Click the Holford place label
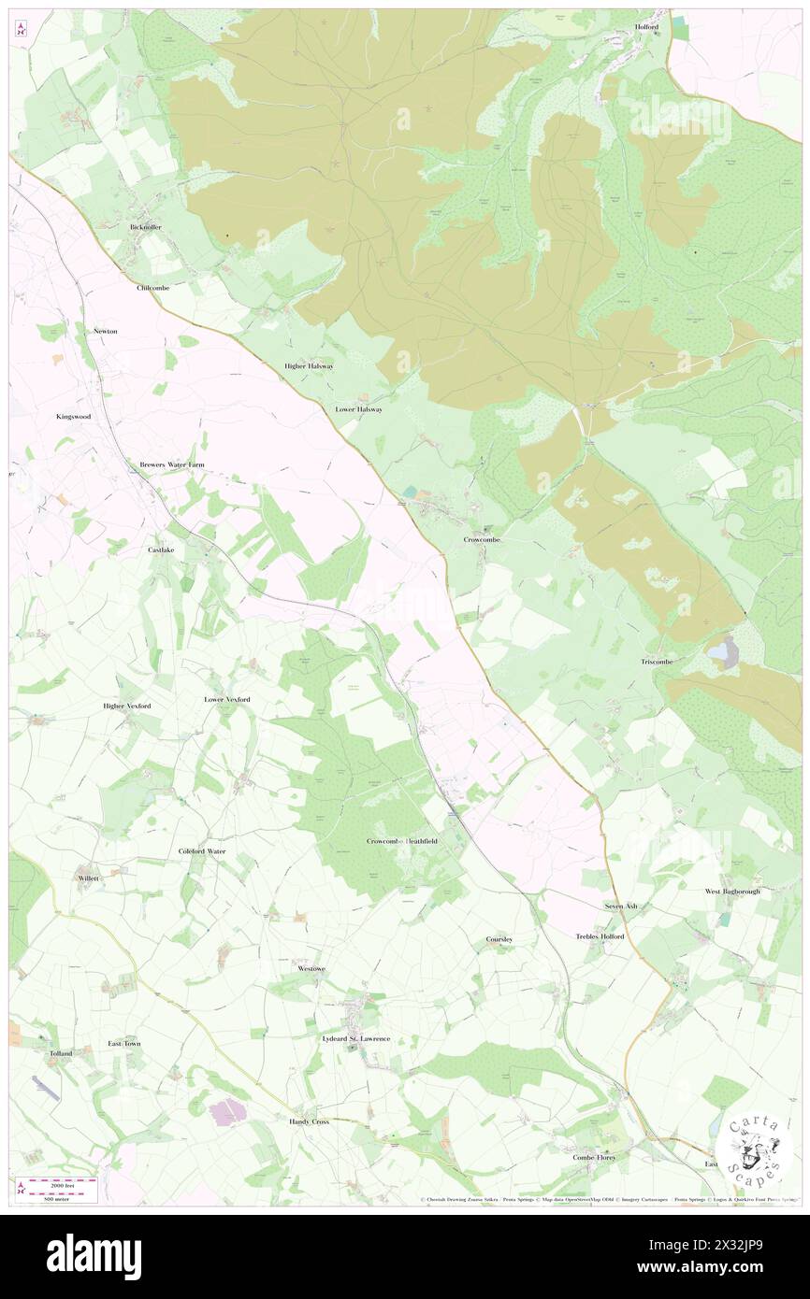coord(647,27)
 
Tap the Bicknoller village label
coord(146,227)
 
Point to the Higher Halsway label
coord(309,365)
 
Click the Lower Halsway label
coord(359,409)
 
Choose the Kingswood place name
coord(73,416)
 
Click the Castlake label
coord(161,550)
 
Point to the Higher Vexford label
coord(126,706)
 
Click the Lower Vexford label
coord(227,699)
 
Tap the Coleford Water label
coord(202,851)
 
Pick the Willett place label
coord(89,878)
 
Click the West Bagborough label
coord(732,892)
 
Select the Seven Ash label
coord(620,906)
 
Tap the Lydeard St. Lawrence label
coord(355,1038)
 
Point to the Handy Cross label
coord(309,1121)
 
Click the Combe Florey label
coord(599,1157)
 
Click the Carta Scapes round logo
coord(754,1150)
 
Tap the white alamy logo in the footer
coord(94,1257)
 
